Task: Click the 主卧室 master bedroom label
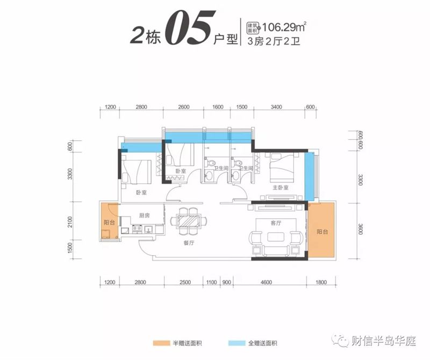click(x=280, y=188)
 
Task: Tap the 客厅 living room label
click(x=276, y=223)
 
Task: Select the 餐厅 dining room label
click(x=189, y=243)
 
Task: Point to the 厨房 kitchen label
click(x=145, y=215)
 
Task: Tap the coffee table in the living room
click(x=276, y=236)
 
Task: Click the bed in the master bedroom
click(x=282, y=167)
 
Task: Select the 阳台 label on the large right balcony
click(x=322, y=232)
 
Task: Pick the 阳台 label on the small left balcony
click(x=109, y=222)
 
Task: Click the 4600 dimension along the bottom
click(x=266, y=282)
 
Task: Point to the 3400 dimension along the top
click(x=276, y=107)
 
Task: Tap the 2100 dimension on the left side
click(x=70, y=222)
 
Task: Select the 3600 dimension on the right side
click(x=360, y=229)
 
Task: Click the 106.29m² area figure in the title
click(x=284, y=27)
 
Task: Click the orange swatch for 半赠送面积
click(x=161, y=343)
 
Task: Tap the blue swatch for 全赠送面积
click(x=236, y=343)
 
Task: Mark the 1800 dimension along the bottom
click(x=321, y=282)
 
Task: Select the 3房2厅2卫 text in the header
click(x=274, y=41)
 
